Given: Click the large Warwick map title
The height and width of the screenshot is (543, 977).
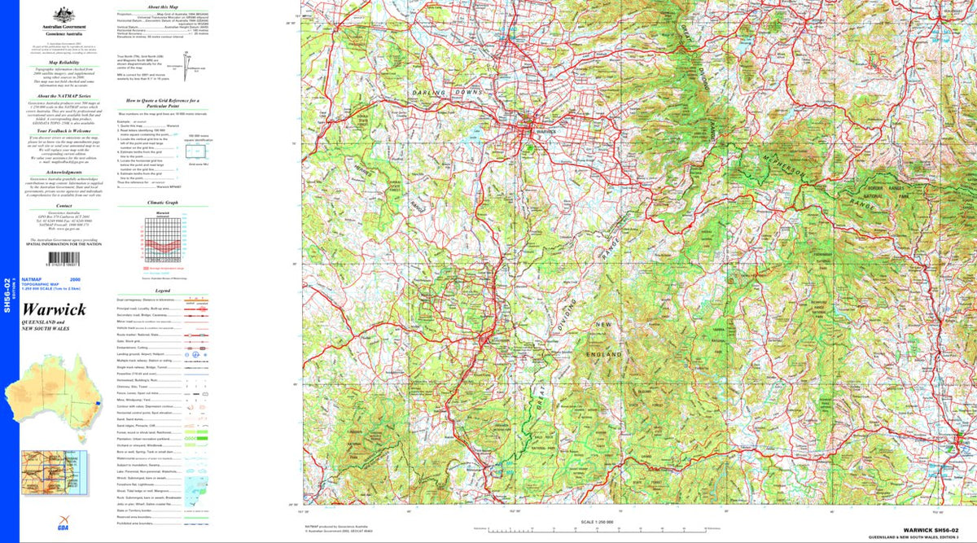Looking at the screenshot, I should point(54,310).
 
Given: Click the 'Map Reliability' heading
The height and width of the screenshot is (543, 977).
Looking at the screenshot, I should point(64,62).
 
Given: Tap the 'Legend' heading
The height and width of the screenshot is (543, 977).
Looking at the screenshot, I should point(163,291).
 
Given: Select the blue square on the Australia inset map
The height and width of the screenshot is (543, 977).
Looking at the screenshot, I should point(97,403).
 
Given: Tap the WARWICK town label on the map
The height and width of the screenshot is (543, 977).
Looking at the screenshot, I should point(545,130).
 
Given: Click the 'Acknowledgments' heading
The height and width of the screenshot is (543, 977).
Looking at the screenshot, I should point(64,173).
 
